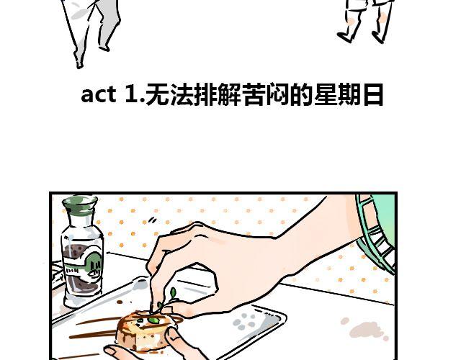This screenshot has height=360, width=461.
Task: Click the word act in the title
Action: tap(98, 94)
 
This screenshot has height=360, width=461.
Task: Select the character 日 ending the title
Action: tap(373, 94)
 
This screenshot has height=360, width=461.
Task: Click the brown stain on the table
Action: tap(365, 328)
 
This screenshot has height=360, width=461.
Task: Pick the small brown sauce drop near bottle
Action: tap(120, 302)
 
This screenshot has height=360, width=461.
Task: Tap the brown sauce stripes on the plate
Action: tap(94, 328)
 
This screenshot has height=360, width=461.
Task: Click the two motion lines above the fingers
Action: tap(152, 220)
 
